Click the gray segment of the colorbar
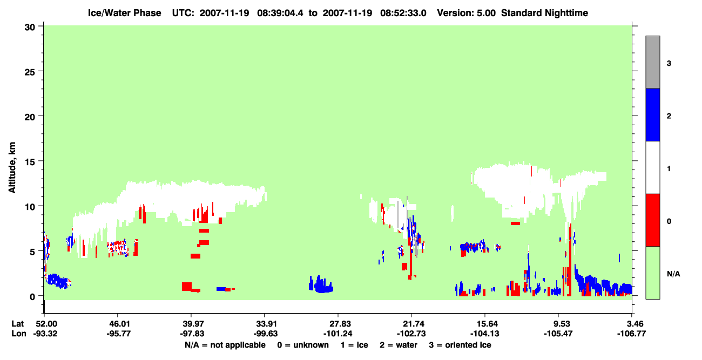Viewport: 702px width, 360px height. click(x=652, y=62)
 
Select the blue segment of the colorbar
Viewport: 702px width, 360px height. click(x=652, y=114)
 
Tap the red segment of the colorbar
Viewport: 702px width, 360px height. click(x=652, y=220)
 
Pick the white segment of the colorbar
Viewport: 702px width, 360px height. click(x=652, y=167)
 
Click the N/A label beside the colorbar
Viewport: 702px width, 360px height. click(x=673, y=274)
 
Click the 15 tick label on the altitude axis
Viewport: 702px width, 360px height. click(x=30, y=161)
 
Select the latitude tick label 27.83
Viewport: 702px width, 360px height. click(x=338, y=324)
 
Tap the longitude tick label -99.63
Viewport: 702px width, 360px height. click(x=265, y=334)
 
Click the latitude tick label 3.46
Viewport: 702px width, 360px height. click(x=632, y=324)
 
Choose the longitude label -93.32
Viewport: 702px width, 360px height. click(x=45, y=334)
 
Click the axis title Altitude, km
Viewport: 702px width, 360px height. click(x=12, y=167)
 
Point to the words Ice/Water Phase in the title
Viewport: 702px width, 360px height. click(x=124, y=13)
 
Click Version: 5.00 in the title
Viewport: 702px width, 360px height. click(x=467, y=13)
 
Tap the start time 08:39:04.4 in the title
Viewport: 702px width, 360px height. click(x=280, y=13)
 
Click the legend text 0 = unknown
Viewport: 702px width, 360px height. click(x=303, y=345)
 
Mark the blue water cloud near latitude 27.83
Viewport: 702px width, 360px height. click(x=321, y=285)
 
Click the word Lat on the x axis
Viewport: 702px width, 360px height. click(x=17, y=324)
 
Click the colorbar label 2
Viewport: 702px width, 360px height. click(x=669, y=116)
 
